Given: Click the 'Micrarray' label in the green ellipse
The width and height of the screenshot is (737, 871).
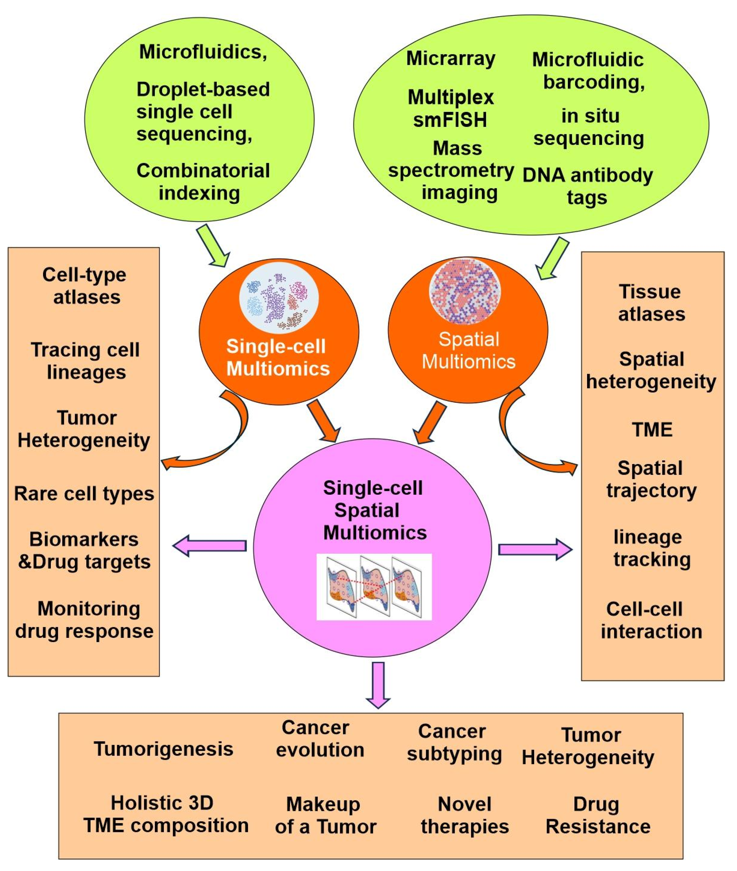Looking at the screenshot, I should (450, 58).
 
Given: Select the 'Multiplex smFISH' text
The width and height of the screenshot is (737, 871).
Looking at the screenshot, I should (450, 109).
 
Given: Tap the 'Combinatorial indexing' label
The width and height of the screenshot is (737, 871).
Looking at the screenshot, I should (203, 182).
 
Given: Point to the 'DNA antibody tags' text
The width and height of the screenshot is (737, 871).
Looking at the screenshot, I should (587, 186).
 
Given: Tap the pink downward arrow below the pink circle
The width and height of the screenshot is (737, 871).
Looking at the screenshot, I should (378, 684).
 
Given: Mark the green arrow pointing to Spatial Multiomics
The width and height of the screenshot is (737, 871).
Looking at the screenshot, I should (552, 258).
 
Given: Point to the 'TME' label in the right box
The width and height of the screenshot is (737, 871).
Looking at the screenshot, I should (652, 430).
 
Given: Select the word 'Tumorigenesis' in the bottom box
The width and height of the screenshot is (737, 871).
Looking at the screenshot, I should (163, 748).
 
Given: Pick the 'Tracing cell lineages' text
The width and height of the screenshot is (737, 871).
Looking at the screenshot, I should (85, 361).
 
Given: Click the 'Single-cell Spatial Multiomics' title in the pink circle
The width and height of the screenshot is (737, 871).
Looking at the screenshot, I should (374, 510).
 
